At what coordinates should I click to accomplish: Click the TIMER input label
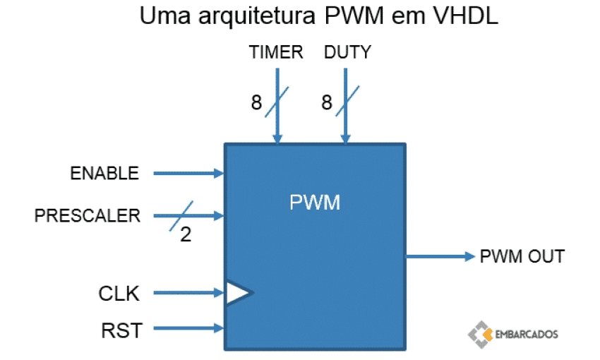(x=276, y=52)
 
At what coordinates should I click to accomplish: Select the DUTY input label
(x=347, y=52)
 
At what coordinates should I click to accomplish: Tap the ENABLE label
(x=104, y=173)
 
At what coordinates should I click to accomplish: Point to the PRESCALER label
(x=88, y=216)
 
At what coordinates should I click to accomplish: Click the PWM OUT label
(x=522, y=256)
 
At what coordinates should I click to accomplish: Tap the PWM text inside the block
(x=315, y=203)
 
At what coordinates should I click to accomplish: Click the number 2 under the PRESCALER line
(x=186, y=235)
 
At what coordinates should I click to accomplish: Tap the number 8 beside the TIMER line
(x=256, y=103)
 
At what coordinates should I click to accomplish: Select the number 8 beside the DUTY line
(x=327, y=103)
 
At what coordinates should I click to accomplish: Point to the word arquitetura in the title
(x=246, y=16)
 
